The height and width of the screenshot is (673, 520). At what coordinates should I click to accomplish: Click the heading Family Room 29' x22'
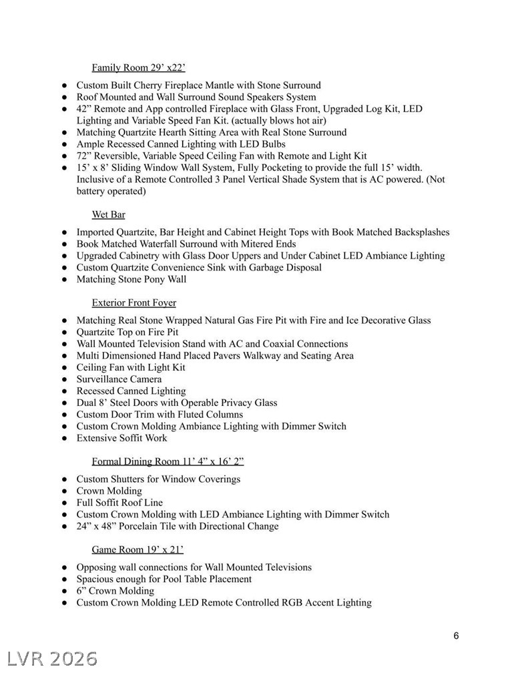point(138,67)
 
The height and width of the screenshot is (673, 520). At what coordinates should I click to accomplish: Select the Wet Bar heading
point(108,214)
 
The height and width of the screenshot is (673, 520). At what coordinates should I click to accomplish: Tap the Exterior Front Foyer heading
point(134,302)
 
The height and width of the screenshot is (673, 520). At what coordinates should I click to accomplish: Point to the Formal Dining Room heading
point(166,461)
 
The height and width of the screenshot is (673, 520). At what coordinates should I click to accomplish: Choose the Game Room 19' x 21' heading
point(138,549)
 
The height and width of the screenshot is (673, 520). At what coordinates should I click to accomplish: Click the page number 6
point(456,636)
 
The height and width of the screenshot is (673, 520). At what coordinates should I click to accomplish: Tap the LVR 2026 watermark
point(49,658)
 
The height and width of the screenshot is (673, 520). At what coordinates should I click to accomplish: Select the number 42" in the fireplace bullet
point(84,109)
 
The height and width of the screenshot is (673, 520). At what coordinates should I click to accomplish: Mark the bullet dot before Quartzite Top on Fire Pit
point(65,332)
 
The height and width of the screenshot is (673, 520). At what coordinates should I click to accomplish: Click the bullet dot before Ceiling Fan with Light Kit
point(65,368)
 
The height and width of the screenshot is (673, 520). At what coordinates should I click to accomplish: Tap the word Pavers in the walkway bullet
point(229,356)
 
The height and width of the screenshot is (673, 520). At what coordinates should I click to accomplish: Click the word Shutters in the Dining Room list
point(125,479)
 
